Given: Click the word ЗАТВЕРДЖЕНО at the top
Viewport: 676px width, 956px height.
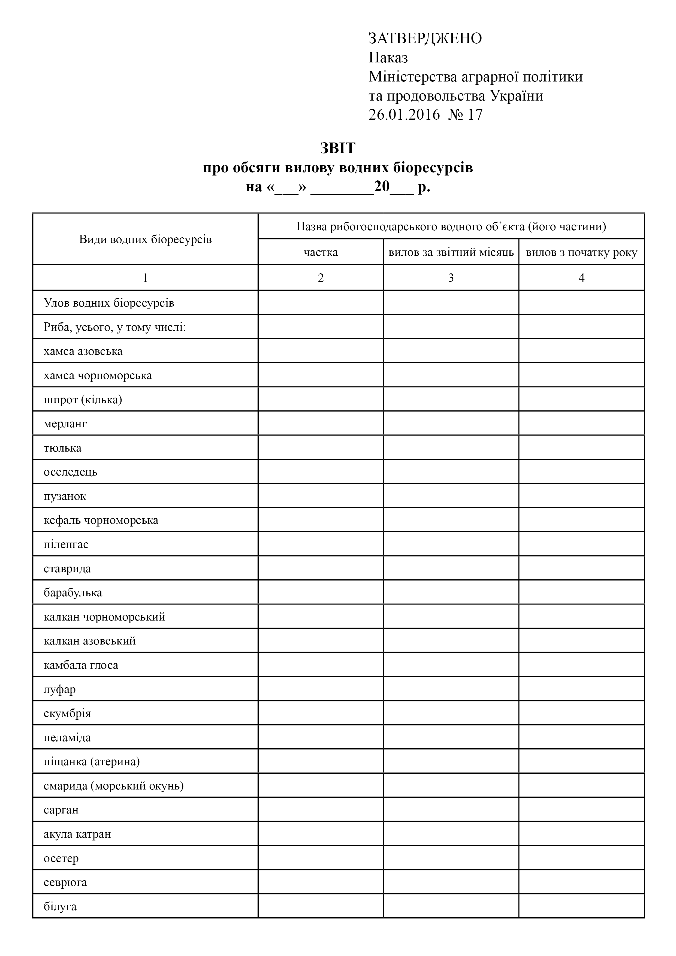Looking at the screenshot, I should click(x=425, y=38).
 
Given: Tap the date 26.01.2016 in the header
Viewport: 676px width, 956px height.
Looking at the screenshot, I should click(x=404, y=114).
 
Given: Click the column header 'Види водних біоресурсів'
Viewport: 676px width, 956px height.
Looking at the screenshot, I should click(x=145, y=240).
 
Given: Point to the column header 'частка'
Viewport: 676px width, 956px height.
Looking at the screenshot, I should click(x=321, y=252).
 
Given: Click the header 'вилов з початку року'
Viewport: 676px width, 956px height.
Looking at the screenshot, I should click(x=581, y=252).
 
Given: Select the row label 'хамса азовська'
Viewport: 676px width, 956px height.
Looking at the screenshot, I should click(x=83, y=351).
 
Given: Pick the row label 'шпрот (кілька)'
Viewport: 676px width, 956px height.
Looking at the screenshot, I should click(x=83, y=400).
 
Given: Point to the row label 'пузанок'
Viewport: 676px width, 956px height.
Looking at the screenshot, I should click(x=65, y=496).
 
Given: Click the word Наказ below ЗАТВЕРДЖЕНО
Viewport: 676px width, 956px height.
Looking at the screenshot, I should click(x=388, y=58).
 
